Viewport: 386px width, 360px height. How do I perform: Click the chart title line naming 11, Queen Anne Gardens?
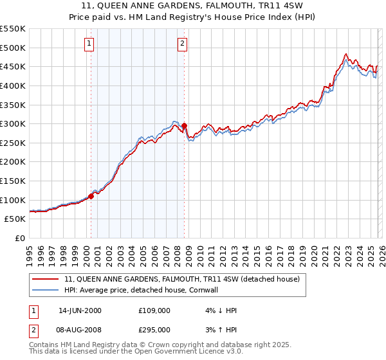193,5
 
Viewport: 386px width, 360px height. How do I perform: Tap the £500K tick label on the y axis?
13,48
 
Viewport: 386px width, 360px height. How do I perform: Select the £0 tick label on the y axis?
19,238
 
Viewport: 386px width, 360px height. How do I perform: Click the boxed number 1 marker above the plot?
89,44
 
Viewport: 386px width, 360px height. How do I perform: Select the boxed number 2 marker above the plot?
183,44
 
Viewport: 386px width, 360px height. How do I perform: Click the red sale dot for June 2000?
91,197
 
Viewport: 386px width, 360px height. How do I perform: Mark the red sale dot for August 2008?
184,126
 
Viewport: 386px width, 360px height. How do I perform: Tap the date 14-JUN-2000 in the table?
80,310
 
